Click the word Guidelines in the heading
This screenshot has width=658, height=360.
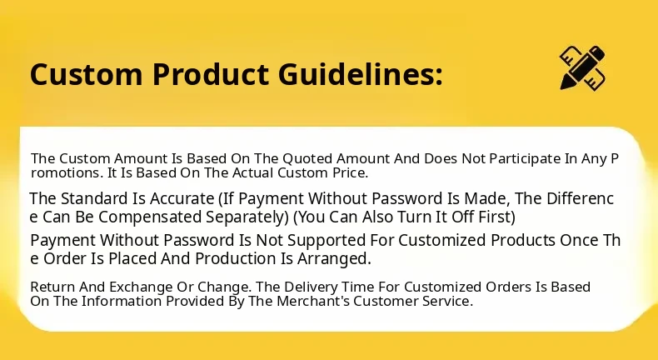pos(360,74)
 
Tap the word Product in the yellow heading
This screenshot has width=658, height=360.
pos(210,74)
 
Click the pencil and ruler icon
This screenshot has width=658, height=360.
pos(582,67)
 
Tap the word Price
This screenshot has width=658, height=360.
pos(348,172)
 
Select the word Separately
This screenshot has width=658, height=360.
pos(247,217)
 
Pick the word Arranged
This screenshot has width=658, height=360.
pos(334,259)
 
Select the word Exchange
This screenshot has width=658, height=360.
pos(141,287)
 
